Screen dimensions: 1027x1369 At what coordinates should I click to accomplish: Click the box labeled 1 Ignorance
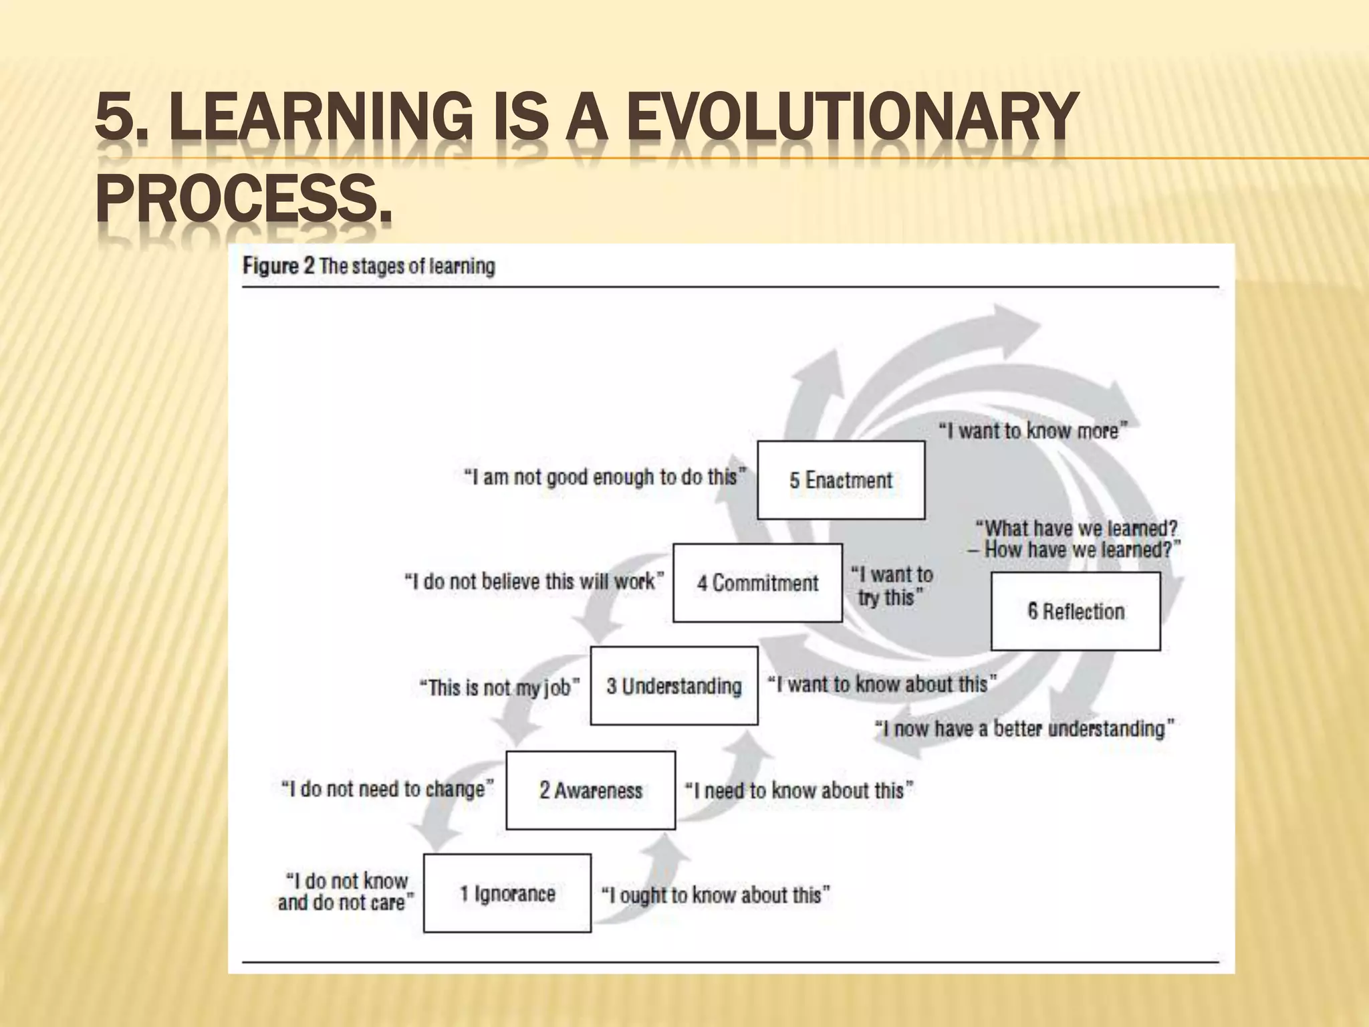tap(507, 893)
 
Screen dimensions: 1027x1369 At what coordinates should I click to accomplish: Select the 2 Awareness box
tap(590, 790)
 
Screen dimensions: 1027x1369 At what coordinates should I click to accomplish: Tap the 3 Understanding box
tap(674, 686)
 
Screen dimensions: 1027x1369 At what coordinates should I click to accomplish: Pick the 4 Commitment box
tap(757, 583)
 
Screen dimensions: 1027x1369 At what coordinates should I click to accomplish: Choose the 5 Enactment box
tap(841, 480)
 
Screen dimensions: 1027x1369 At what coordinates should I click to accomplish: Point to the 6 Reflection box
tap(1076, 611)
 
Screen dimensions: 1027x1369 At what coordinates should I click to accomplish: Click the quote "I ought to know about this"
tap(715, 895)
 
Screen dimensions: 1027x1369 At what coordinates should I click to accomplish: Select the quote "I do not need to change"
tap(388, 789)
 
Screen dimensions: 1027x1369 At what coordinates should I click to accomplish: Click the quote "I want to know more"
tap(1033, 431)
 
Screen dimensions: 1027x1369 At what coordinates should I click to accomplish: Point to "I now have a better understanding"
tap(1025, 728)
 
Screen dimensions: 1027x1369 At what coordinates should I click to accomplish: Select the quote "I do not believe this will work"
tap(534, 581)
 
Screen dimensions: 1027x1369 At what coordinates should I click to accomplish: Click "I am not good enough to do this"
tap(605, 477)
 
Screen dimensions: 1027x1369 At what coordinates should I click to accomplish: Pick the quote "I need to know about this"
tap(799, 790)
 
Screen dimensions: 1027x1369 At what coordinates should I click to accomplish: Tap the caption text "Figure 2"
tap(278, 266)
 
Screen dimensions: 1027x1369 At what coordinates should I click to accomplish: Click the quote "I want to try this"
tap(892, 586)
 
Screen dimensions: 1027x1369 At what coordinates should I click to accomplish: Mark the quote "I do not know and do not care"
tap(345, 892)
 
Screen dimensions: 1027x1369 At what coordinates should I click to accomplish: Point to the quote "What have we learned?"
tap(1076, 529)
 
